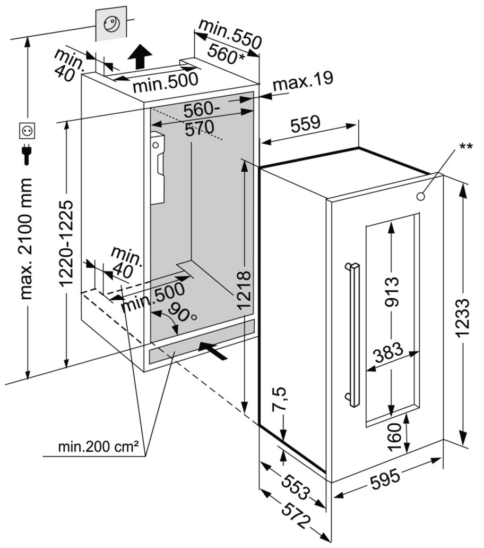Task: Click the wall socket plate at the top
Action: (x=111, y=24)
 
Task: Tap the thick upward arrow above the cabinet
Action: (x=140, y=57)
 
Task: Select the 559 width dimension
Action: (x=306, y=123)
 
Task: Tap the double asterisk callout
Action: (x=466, y=146)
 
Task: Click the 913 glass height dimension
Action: (x=392, y=291)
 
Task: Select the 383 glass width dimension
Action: (x=388, y=353)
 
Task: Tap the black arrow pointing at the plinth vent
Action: (x=212, y=350)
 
